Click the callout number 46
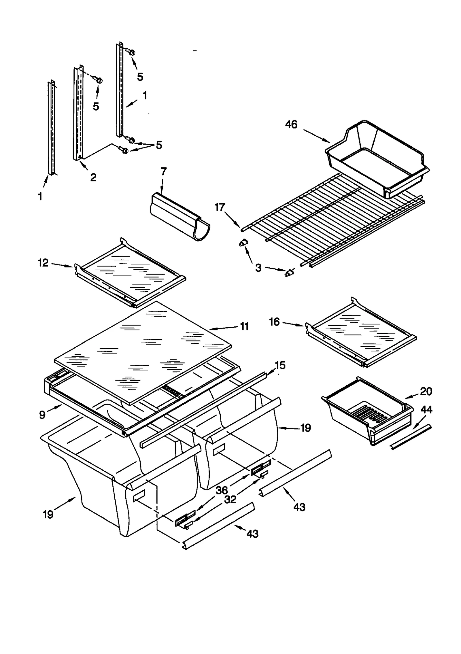pyautogui.click(x=291, y=124)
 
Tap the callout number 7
pyautogui.click(x=163, y=171)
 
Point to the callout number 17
pyautogui.click(x=220, y=207)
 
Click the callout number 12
pyautogui.click(x=43, y=263)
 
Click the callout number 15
pyautogui.click(x=280, y=365)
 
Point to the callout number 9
pyautogui.click(x=42, y=415)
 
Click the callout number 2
pyautogui.click(x=93, y=177)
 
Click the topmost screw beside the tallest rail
pyautogui.click(x=132, y=52)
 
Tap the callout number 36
pyautogui.click(x=221, y=490)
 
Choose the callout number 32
pyautogui.click(x=230, y=499)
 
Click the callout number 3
pyautogui.click(x=258, y=268)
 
